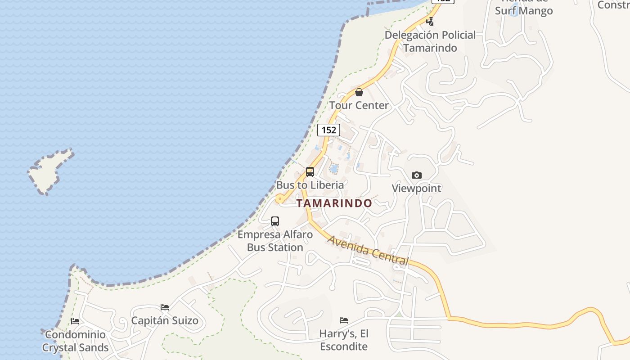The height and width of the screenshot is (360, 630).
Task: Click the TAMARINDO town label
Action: tap(334, 203)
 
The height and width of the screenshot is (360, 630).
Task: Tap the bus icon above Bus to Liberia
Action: tap(310, 171)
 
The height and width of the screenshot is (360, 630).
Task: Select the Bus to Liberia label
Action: tap(310, 185)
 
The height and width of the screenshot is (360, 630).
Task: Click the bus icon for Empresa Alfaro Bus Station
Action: tap(275, 221)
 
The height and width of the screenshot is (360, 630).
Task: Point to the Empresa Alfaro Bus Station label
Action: tap(275, 241)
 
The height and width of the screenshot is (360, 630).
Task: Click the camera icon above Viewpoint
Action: tap(417, 175)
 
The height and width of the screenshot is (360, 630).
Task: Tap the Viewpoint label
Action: tap(417, 188)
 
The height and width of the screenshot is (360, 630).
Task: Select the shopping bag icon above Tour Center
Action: tap(359, 92)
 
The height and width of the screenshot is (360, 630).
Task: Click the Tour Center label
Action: tap(359, 105)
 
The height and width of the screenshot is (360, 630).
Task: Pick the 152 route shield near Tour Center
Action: tap(328, 130)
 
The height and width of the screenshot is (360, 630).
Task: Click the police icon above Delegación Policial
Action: tap(431, 21)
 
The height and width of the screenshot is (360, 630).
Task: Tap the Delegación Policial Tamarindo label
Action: tap(430, 41)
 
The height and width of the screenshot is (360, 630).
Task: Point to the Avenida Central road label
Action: tap(368, 250)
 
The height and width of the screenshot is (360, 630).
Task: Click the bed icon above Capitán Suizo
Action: tap(165, 307)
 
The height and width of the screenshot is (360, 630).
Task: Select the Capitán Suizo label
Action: tap(165, 321)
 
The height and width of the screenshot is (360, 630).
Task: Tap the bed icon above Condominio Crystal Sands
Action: tap(75, 321)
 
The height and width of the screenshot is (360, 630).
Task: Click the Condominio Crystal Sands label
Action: tap(76, 341)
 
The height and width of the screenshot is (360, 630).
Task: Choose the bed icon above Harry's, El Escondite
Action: tap(344, 320)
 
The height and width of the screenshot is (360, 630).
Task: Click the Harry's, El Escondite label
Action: tap(344, 340)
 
